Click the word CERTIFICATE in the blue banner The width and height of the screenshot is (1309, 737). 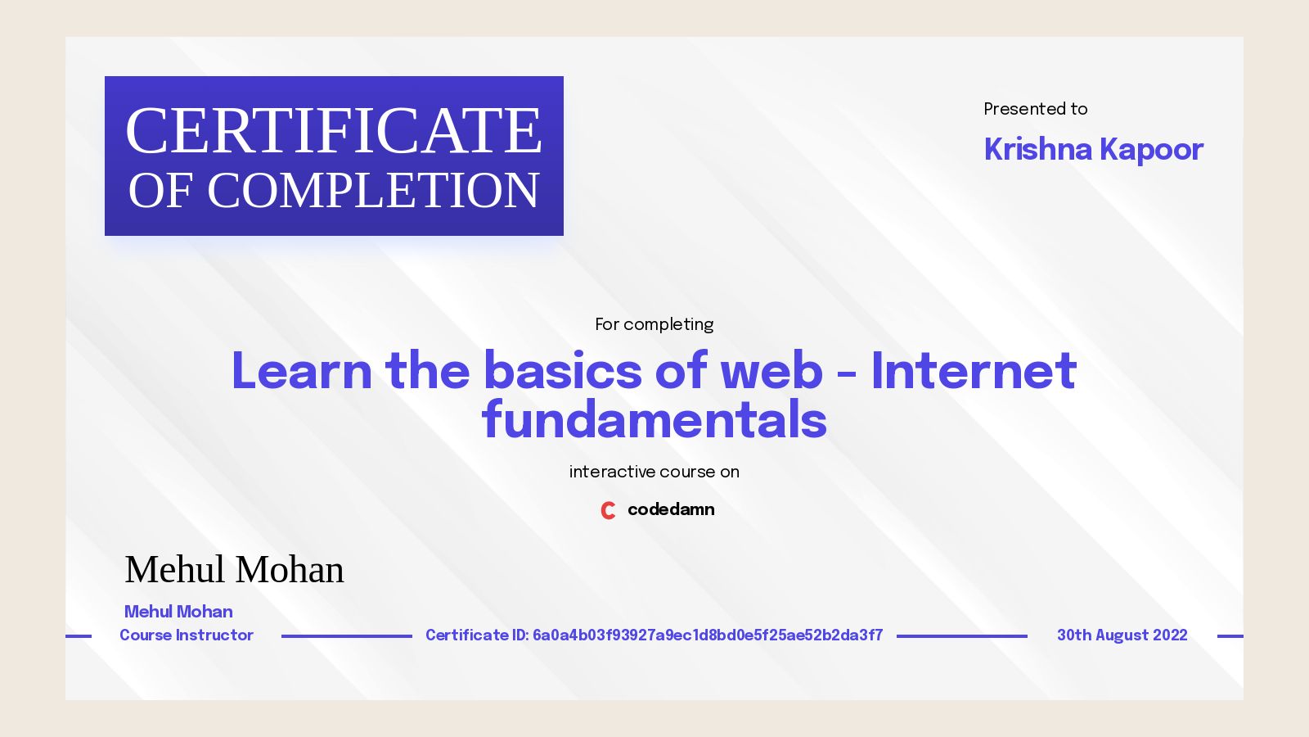334,131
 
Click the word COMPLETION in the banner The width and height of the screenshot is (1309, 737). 373,191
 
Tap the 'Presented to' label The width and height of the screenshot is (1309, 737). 1035,109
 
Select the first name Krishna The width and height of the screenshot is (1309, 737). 1037,150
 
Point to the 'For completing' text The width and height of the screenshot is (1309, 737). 654,324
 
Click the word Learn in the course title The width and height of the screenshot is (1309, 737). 301,371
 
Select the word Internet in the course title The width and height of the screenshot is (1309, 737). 974,371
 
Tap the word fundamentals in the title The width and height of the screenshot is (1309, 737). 654,420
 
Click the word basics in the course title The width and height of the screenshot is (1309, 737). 563,371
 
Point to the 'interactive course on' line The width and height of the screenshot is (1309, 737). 654,472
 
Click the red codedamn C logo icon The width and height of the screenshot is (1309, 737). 608,510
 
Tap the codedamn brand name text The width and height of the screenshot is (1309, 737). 671,509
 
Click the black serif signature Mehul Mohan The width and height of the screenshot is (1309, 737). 234,570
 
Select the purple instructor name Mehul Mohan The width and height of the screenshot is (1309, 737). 178,612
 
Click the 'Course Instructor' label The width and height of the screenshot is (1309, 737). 187,635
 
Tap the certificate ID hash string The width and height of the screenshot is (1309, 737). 708,635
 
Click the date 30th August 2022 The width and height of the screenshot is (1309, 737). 1122,635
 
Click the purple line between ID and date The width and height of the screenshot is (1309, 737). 961,635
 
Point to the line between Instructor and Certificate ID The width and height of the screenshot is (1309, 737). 346,635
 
